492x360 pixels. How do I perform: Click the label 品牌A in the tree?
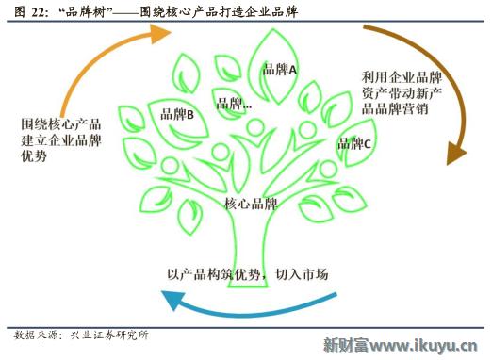(x=280, y=70)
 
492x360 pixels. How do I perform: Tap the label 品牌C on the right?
(x=355, y=144)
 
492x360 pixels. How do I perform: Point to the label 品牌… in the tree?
(x=234, y=104)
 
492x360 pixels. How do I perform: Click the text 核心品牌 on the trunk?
(x=251, y=204)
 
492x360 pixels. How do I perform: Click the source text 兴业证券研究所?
(x=108, y=335)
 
